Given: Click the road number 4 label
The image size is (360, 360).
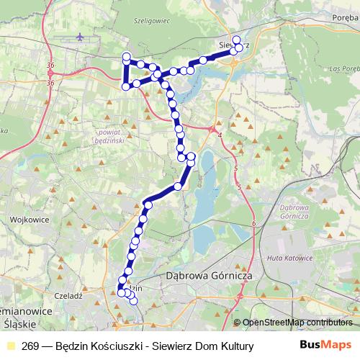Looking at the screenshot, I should pyautogui.click(x=218, y=135).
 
